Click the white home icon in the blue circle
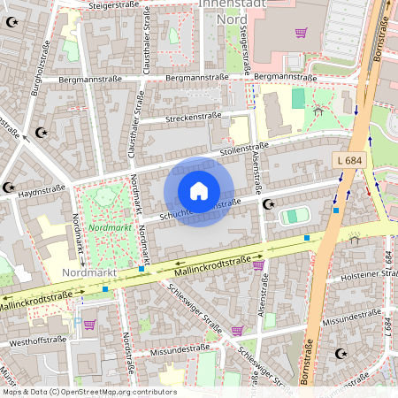point(199,191)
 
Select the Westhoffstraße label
point(37,340)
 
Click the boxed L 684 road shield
point(351,159)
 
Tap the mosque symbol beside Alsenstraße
point(270,204)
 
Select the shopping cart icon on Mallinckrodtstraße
point(258,264)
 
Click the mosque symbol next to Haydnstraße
point(9,188)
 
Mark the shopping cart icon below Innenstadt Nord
point(302,33)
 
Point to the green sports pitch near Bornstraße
point(295,216)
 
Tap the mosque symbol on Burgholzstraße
point(40,133)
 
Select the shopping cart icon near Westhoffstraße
point(89,325)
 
